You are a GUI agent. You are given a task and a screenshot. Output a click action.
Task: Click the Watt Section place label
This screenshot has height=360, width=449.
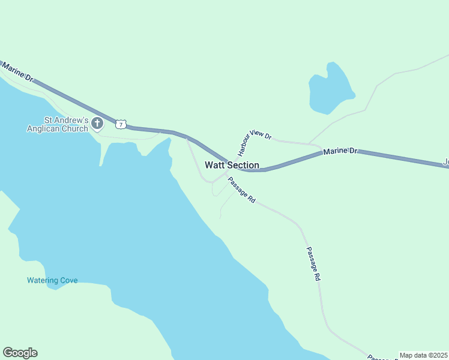[x=232, y=165]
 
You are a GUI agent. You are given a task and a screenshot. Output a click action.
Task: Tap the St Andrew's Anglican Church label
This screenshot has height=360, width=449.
[x=58, y=124]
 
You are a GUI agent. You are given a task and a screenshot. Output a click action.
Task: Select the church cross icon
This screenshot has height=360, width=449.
[x=97, y=124]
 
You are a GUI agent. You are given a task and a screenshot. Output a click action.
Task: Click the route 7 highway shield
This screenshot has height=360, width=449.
[x=121, y=124]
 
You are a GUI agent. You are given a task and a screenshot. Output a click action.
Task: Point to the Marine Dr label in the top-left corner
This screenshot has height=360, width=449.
[x=17, y=74]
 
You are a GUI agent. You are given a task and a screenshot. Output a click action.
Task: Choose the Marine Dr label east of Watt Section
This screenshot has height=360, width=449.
[x=340, y=151]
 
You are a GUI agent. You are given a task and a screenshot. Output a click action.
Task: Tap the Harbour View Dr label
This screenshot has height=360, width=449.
[x=251, y=139]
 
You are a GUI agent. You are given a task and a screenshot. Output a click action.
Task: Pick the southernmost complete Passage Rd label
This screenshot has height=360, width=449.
[x=314, y=264]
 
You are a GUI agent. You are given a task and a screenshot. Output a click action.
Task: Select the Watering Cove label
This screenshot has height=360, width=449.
[x=52, y=280]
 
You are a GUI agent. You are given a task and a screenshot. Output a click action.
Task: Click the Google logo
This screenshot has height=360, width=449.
[x=20, y=353]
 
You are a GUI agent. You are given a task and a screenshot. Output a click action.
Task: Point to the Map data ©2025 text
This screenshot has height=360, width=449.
[x=423, y=355]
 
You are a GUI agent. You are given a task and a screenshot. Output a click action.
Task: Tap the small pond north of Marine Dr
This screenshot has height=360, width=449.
[x=329, y=90]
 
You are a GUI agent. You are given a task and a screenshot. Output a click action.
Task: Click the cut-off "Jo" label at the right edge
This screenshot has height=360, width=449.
[x=445, y=162]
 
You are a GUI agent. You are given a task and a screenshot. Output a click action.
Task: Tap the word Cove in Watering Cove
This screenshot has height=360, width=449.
[x=68, y=280]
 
